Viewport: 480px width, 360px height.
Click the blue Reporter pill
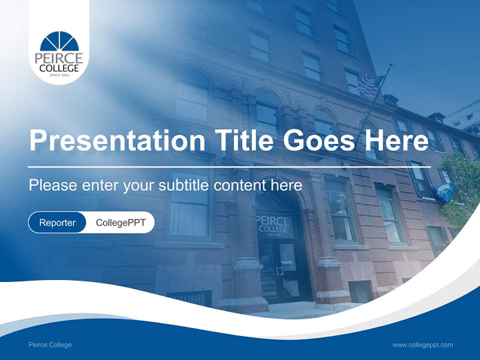(57, 222)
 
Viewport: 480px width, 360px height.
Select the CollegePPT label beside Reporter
(120, 222)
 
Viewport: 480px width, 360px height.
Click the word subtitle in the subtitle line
(183, 185)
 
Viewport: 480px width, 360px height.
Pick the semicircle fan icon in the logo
(59, 41)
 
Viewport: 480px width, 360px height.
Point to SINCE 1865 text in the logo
(59, 75)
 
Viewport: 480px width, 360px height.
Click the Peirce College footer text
(50, 344)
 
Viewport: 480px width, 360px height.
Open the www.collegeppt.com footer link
(422, 344)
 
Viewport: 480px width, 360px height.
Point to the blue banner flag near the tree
(443, 191)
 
